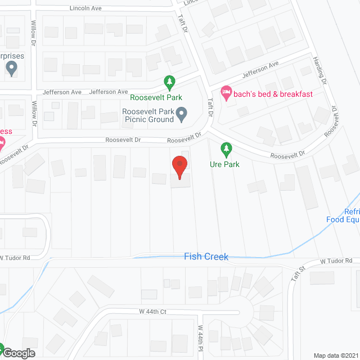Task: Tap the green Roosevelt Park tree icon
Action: pos(169,83)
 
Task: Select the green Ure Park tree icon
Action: pos(226,150)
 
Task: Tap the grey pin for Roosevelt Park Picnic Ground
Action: pos(182,116)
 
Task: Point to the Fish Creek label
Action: pos(206,256)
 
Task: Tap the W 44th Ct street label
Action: pos(145,311)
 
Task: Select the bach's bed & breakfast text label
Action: pos(274,94)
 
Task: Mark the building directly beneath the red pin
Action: pos(180,180)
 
